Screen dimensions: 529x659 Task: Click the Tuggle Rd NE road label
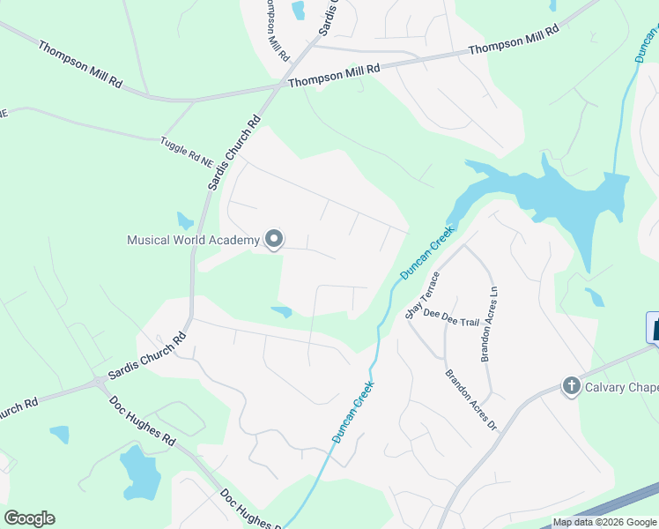(x=187, y=151)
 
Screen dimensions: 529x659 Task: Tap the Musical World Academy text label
(x=193, y=240)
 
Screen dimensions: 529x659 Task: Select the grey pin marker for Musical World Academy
(x=274, y=239)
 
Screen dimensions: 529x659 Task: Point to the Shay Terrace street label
(x=422, y=295)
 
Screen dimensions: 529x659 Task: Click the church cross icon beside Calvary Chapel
(x=570, y=386)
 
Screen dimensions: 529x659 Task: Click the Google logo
(x=29, y=518)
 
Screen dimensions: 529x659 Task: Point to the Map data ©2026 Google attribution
(x=604, y=522)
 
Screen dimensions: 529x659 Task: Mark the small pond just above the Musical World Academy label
(x=185, y=220)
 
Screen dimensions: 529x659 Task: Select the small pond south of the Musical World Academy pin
(x=282, y=311)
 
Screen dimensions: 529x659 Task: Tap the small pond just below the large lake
(x=595, y=296)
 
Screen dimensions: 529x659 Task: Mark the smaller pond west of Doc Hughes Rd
(x=59, y=434)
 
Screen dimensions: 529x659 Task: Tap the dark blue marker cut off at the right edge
(x=653, y=328)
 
